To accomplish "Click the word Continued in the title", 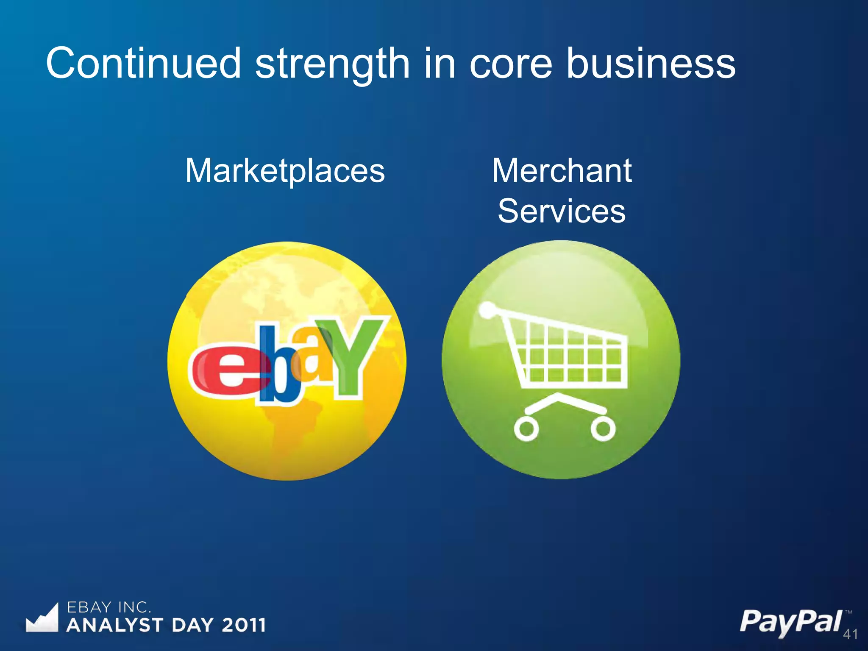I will tap(143, 64).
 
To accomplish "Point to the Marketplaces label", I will tap(285, 170).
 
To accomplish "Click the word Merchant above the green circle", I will tap(562, 170).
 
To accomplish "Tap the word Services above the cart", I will tap(562, 211).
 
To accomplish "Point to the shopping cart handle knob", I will tap(487, 309).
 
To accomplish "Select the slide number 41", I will tap(850, 634).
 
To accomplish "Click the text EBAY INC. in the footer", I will tap(108, 607).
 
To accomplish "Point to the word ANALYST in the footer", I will tap(115, 625).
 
